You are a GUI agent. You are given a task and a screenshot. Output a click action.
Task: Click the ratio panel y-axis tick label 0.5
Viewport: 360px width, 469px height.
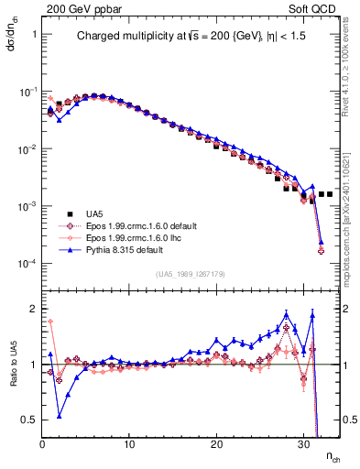[x=29, y=420]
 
